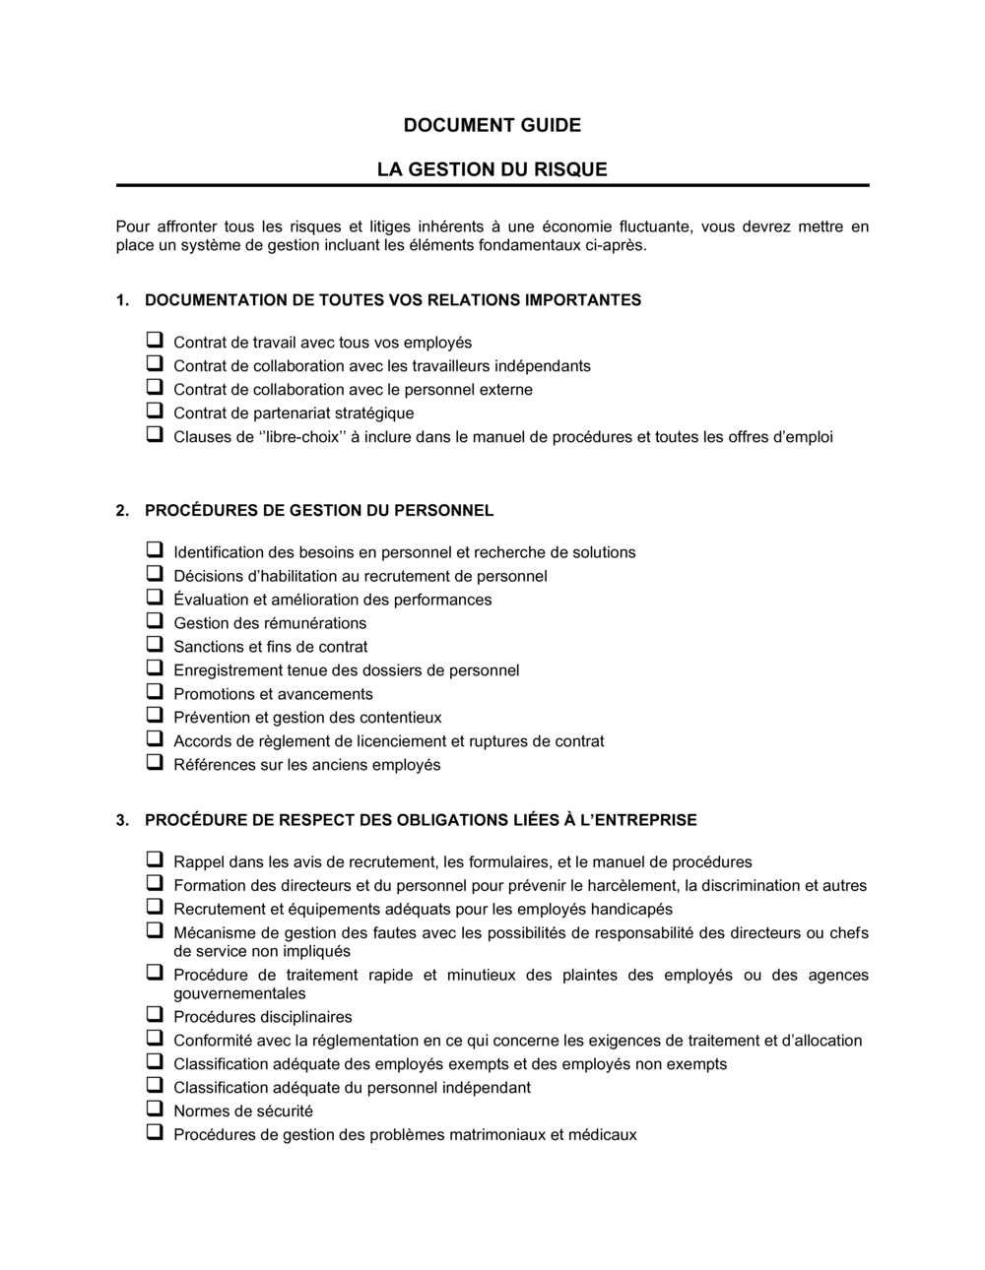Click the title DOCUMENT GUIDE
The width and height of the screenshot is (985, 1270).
coord(492,125)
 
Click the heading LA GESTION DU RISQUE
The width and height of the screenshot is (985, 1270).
coord(492,169)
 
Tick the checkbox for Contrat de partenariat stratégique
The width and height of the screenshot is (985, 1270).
coord(155,411)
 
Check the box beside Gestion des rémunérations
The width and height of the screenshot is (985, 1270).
coord(155,620)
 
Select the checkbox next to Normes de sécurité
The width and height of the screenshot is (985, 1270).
coord(155,1109)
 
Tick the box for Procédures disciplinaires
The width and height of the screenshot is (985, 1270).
coord(155,1014)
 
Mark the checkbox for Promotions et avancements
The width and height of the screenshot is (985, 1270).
coord(155,691)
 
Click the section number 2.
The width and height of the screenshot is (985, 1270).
coord(121,510)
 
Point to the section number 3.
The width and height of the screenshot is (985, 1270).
coord(121,819)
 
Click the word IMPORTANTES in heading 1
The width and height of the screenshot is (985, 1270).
coord(583,300)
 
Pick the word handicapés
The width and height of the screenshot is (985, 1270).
coord(627,910)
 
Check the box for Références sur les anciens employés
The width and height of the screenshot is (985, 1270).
coord(155,762)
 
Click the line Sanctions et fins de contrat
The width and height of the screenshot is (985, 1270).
coord(270,647)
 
